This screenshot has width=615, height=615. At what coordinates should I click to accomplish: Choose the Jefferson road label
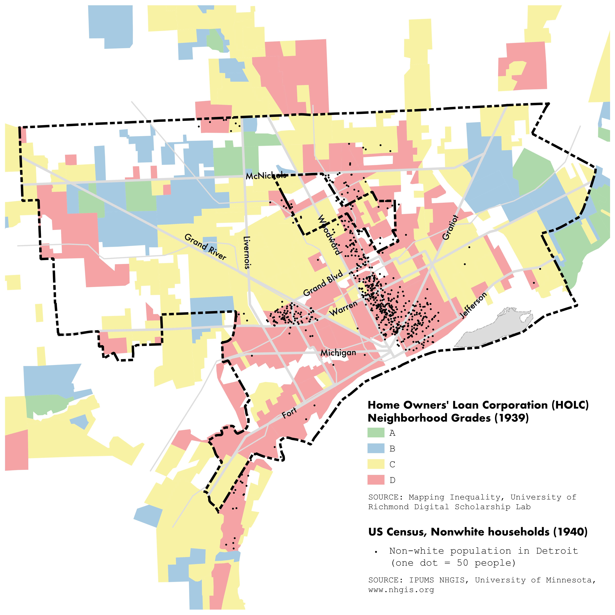pos(474,305)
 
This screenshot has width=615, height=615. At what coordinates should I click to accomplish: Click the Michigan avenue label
pos(338,353)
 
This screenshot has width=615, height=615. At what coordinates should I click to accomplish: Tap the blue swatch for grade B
pos(376,448)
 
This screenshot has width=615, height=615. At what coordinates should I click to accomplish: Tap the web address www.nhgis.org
pos(401,590)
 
